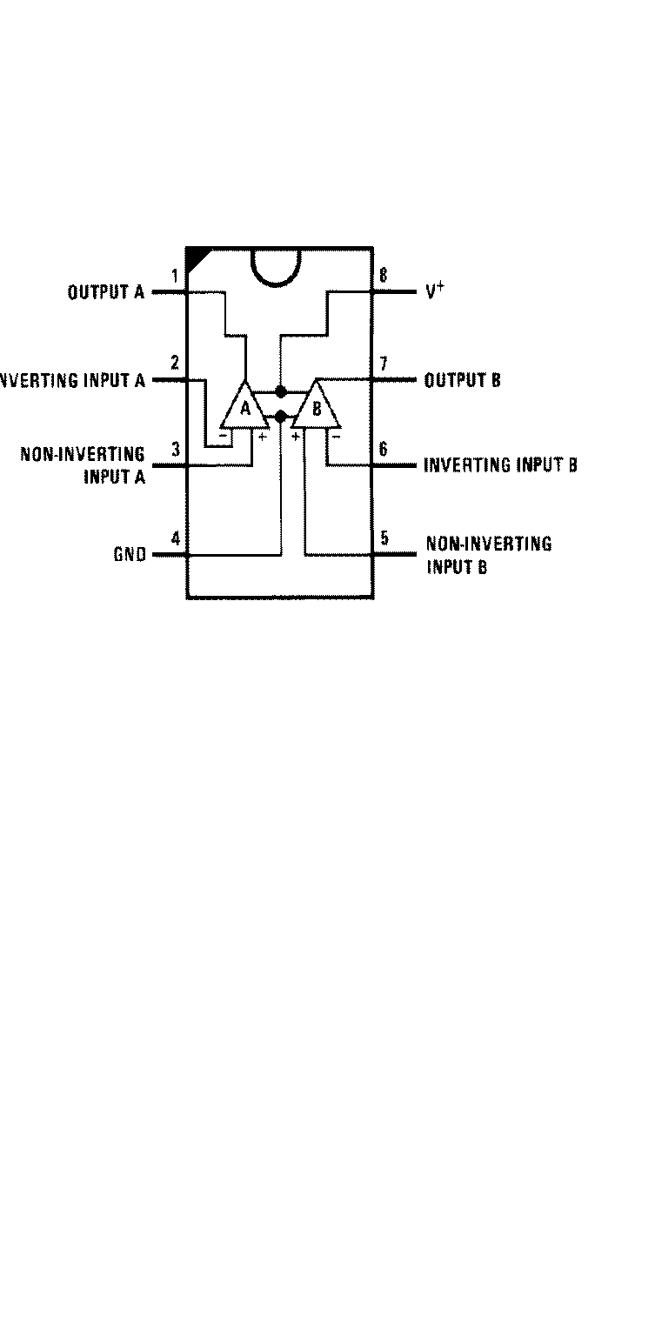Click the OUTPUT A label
[106, 292]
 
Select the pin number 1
[175, 277]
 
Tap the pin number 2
[175, 363]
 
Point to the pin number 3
[175, 450]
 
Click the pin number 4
[175, 538]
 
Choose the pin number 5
[384, 538]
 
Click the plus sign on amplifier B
[296, 436]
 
